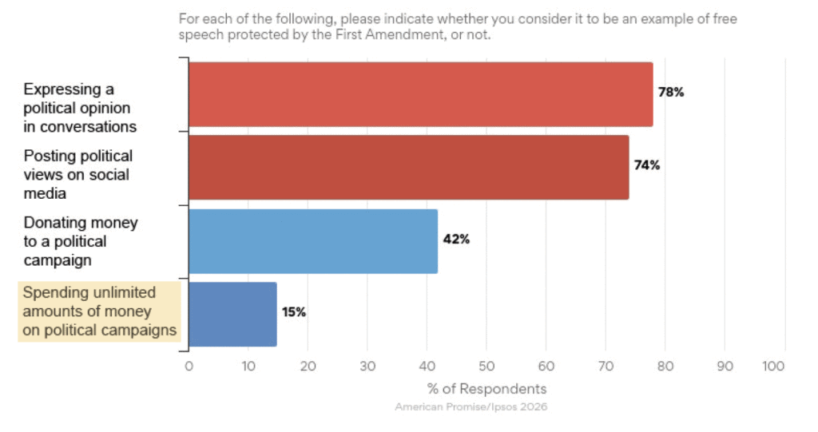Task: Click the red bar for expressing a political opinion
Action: point(420,94)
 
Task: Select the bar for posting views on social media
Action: point(408,167)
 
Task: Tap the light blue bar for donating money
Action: point(313,241)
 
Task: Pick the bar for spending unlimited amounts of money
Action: point(232,314)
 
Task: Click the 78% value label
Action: point(671,92)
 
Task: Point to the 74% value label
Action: point(647,165)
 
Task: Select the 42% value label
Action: point(457,240)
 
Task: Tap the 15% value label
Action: point(293,312)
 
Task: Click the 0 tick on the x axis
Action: point(189,366)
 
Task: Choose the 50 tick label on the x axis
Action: point(486,366)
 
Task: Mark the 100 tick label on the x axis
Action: point(774,366)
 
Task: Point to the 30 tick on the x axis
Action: point(367,366)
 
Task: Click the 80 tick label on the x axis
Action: point(665,366)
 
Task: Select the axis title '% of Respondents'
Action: point(486,389)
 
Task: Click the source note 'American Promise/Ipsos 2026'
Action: point(471,407)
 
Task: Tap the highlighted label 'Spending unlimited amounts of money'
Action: point(100,311)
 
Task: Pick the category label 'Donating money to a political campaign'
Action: point(80,241)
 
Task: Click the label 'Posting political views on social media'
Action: point(77,174)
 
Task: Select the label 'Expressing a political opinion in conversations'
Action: point(80,108)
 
